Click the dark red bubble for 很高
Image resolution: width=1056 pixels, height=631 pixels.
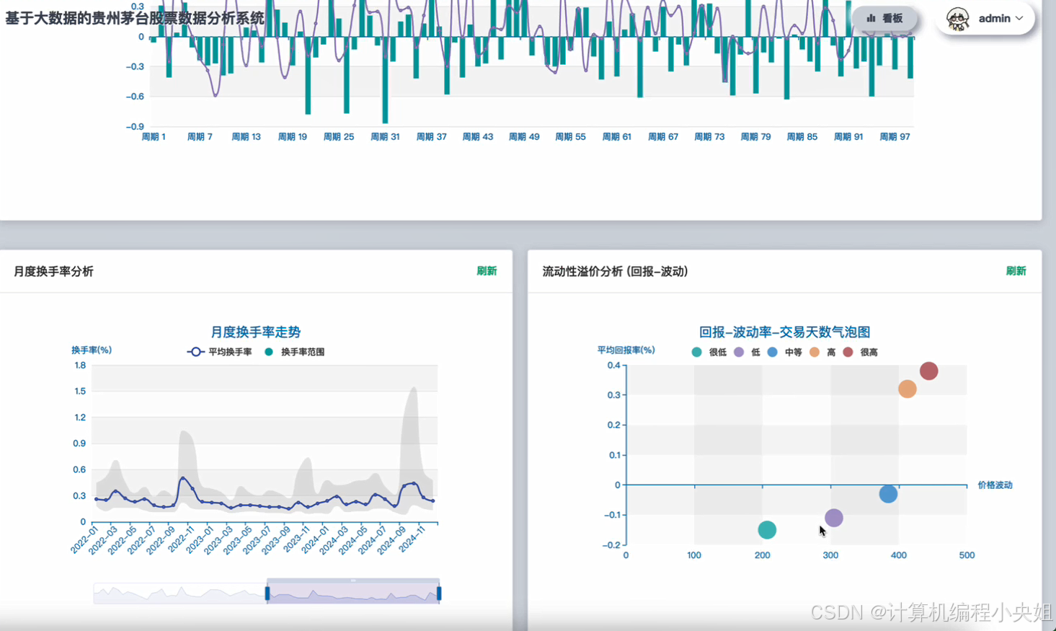tap(928, 371)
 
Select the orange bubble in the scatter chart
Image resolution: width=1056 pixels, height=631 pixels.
tap(908, 389)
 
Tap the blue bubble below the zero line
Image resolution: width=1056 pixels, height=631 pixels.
tap(888, 494)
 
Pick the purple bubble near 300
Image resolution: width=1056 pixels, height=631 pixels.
tap(834, 518)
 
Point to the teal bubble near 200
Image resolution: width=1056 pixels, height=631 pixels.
tap(767, 529)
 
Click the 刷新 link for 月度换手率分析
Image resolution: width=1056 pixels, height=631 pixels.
tap(487, 270)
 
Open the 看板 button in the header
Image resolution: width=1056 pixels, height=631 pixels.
tap(884, 19)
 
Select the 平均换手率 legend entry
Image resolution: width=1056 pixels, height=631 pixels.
tap(220, 352)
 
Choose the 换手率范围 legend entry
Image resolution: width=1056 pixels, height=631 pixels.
tap(295, 352)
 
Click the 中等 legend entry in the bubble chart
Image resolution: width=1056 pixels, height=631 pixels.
tap(785, 353)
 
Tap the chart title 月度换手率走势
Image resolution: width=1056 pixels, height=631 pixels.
tap(255, 332)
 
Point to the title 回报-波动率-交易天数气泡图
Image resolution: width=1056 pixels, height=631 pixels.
tap(784, 332)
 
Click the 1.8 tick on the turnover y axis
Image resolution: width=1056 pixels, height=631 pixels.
tap(80, 365)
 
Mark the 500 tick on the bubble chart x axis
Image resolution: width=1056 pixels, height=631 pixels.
tap(967, 555)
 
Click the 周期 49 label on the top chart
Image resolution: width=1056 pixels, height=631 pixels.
tap(524, 137)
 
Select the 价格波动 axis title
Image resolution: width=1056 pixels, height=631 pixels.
tap(995, 485)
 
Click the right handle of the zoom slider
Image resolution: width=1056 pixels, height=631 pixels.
tap(439, 594)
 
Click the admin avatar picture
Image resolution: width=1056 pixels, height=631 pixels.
tap(957, 19)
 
